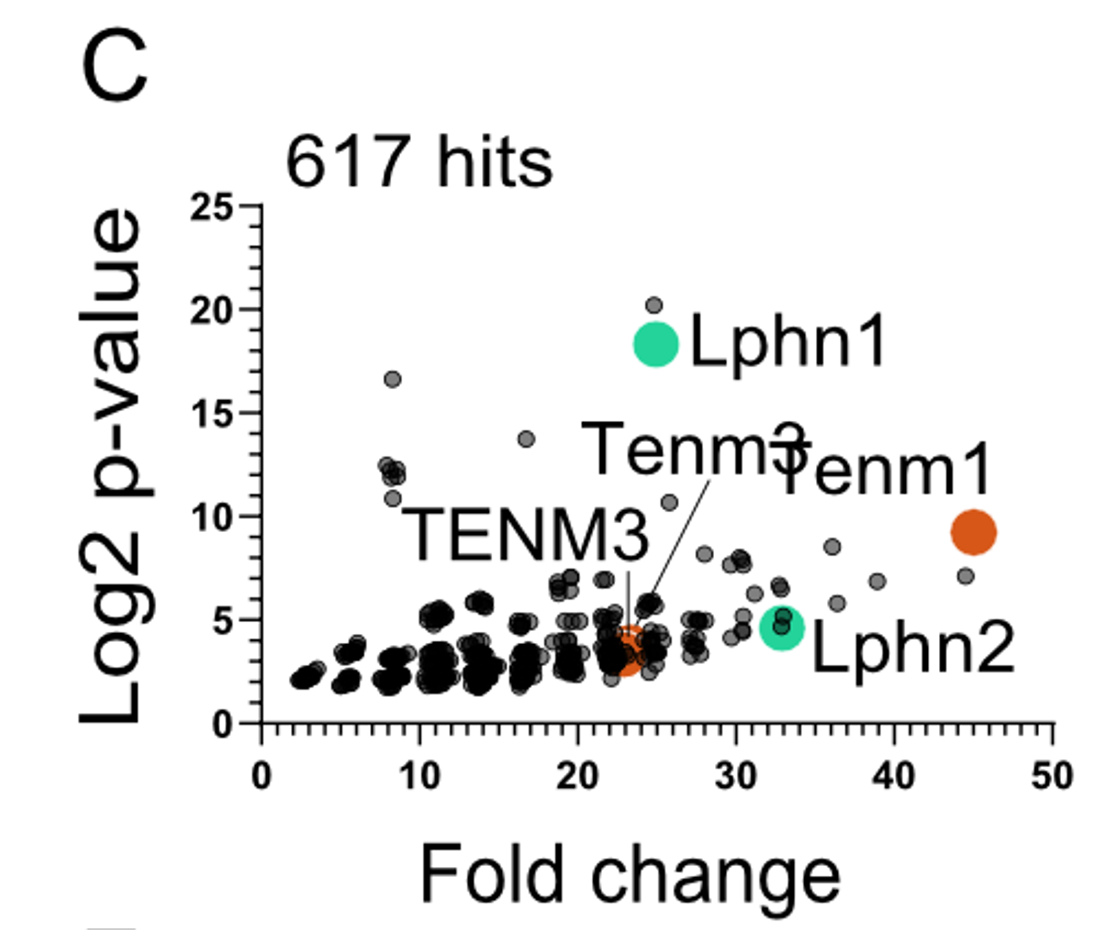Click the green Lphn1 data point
(x=656, y=344)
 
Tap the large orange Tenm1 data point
(x=974, y=533)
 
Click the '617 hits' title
(x=419, y=161)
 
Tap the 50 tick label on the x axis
(x=1052, y=777)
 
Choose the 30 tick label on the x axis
(x=736, y=777)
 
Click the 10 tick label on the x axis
(x=420, y=777)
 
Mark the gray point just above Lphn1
(x=655, y=305)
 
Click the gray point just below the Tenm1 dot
(x=966, y=577)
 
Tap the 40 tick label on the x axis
(x=893, y=777)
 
